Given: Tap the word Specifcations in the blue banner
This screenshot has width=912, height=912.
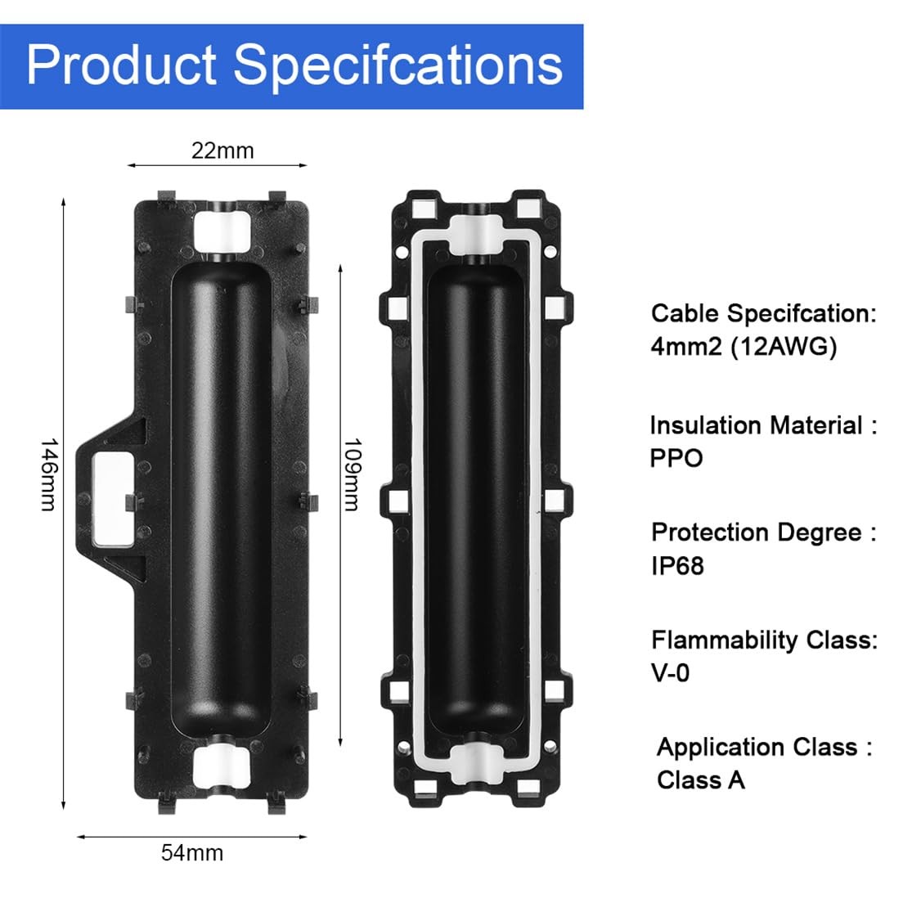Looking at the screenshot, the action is pyautogui.click(x=398, y=66).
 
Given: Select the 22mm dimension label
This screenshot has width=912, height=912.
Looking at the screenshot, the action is pyautogui.click(x=222, y=151).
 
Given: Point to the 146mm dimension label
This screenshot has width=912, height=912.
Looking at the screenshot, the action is pyautogui.click(x=49, y=474).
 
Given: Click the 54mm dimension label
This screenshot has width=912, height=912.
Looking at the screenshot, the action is pyautogui.click(x=192, y=852).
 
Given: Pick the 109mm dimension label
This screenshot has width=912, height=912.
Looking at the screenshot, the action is pyautogui.click(x=351, y=474).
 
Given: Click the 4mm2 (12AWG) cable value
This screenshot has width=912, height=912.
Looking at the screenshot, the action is pyautogui.click(x=744, y=348).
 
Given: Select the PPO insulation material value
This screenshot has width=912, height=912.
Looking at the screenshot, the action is pyautogui.click(x=676, y=458).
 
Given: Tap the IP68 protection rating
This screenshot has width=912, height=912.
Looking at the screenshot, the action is pyautogui.click(x=677, y=566).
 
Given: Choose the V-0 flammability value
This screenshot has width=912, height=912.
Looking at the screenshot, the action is pyautogui.click(x=671, y=673).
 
